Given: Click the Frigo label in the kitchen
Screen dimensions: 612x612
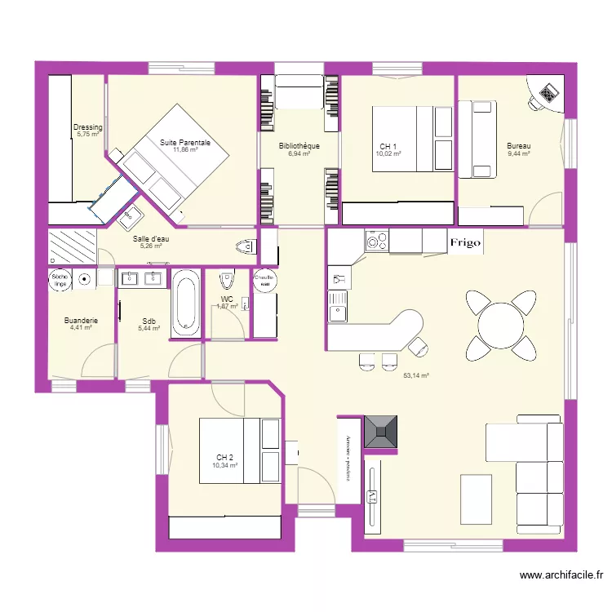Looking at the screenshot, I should point(465,242).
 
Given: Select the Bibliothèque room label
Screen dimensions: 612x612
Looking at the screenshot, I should point(298,146).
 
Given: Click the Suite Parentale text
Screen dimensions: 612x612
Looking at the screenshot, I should point(185,142).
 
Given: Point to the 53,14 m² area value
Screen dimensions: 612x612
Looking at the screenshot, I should point(416,375).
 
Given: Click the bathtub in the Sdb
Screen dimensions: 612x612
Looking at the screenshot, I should point(185,304).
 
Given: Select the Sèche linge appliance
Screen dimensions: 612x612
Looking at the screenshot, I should point(60,279).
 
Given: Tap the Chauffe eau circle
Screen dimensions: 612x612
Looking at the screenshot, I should point(265,279).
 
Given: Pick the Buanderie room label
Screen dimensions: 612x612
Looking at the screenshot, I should point(81,321).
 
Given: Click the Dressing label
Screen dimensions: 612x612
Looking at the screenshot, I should point(87,127).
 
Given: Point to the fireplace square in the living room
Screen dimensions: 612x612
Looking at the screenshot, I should point(382,431).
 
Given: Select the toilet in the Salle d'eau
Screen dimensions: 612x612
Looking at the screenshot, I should point(243,246).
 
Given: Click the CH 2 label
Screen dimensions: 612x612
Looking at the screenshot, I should point(225,457).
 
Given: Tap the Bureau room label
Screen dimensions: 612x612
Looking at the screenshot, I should point(518,146).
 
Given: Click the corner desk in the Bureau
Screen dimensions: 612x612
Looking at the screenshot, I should point(548,93).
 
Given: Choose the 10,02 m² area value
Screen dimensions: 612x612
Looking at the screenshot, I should point(388,153).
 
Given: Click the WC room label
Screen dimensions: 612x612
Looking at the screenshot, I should point(227,299).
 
